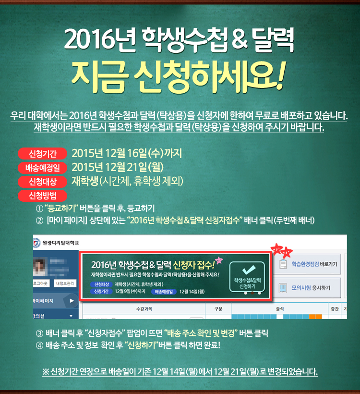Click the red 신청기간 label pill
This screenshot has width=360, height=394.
(x=43, y=154)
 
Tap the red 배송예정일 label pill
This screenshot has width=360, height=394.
(x=43, y=168)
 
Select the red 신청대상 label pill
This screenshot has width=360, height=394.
(x=43, y=182)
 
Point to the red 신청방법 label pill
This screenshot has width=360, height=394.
(x=43, y=196)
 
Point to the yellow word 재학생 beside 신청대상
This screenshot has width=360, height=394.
(x=85, y=181)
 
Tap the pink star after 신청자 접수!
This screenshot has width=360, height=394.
(x=219, y=260)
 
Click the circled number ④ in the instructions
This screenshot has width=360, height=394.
(x=39, y=345)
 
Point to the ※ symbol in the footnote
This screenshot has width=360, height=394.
(x=46, y=372)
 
